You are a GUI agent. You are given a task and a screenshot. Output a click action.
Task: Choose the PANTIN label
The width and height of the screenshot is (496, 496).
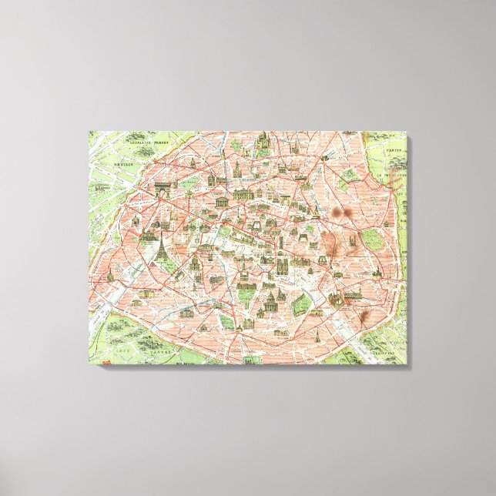[x=396, y=151]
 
